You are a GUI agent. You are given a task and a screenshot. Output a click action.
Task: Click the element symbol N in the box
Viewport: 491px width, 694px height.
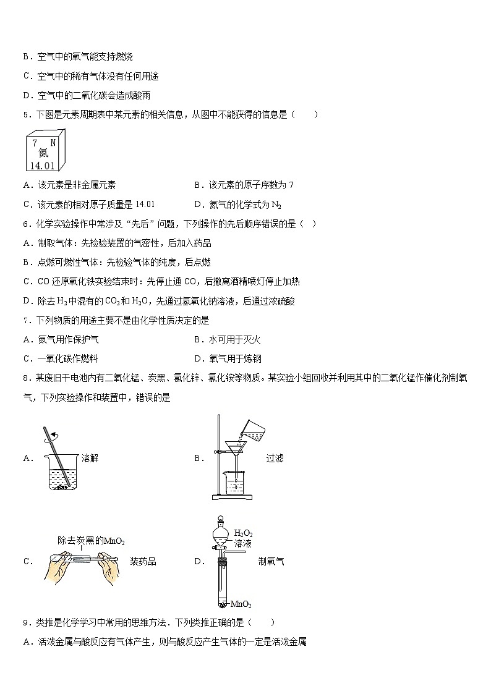point(53,142)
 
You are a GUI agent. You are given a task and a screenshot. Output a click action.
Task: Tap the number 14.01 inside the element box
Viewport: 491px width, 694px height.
point(41,165)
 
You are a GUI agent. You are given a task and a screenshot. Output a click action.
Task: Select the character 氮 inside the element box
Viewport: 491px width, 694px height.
point(42,153)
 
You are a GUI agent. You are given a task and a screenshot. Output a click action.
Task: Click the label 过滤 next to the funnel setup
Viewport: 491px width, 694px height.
point(275,458)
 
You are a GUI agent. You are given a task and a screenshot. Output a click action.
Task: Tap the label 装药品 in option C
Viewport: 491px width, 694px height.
point(143,561)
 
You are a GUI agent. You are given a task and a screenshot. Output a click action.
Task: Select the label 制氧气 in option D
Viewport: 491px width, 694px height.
point(271,561)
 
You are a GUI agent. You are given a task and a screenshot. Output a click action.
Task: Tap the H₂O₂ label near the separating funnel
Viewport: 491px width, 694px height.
point(244,533)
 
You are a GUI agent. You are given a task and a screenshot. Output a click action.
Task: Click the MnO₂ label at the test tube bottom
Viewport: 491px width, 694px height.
point(241,604)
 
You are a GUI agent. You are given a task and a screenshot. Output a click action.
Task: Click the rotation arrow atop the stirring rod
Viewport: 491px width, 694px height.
point(54,434)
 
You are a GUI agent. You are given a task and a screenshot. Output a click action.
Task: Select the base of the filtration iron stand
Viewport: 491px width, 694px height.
point(233,496)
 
